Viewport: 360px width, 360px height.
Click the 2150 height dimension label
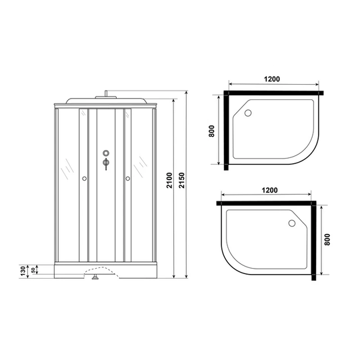coord(181,181)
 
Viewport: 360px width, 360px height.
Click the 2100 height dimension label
coord(169,181)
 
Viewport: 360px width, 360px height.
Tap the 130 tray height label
coord(23,271)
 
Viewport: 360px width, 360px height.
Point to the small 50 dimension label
coord(33,270)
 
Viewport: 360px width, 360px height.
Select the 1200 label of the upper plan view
coord(272,79)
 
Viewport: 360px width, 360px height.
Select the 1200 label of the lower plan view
coord(269,190)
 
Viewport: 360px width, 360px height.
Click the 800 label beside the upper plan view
coord(211,131)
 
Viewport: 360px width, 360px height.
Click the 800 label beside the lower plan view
coord(327,239)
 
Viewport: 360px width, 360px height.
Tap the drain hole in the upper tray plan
coord(248,113)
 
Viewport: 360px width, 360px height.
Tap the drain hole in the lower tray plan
coord(292,223)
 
